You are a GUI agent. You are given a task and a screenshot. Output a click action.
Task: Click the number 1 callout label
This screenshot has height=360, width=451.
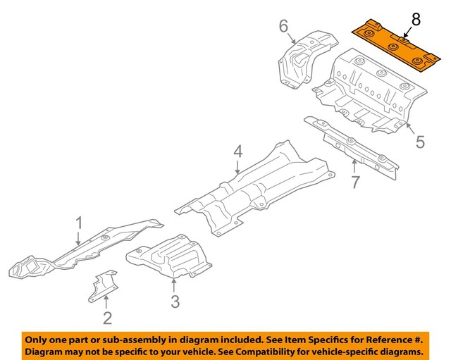(80, 223)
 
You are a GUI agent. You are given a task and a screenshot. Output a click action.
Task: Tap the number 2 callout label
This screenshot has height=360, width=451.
(107, 318)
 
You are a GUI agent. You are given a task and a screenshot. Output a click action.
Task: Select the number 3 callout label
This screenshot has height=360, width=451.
(175, 302)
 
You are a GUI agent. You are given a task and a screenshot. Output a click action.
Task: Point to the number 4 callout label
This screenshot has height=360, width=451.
(238, 151)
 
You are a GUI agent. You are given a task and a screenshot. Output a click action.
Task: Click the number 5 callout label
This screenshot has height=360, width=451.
(420, 142)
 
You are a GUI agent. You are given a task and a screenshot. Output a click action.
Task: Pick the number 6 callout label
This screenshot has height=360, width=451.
(283, 27)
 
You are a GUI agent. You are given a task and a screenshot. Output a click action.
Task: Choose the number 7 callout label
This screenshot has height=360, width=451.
(355, 182)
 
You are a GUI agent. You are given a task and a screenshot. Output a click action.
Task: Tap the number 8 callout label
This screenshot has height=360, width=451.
(415, 20)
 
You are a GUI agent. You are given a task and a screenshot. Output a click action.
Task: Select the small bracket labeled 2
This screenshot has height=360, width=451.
(102, 287)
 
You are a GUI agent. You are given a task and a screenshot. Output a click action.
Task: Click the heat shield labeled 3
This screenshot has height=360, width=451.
(169, 257)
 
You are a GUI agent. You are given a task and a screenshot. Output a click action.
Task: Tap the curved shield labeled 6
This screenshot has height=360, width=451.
(299, 60)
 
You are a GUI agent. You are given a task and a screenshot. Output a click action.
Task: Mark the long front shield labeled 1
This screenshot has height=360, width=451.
(85, 250)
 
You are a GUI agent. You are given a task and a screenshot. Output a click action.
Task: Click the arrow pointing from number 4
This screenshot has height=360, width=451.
(238, 167)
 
